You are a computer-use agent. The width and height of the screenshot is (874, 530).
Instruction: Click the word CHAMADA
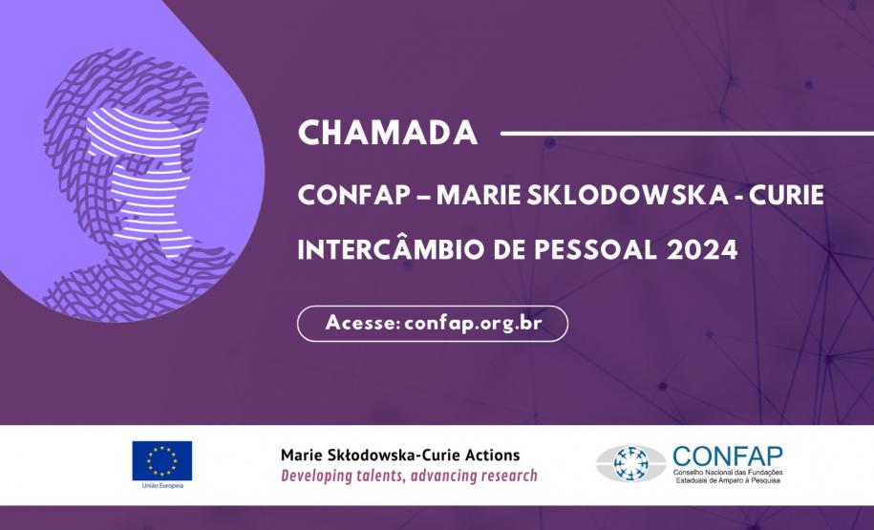(x=388, y=133)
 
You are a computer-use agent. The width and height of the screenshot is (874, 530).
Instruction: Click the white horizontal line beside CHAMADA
(x=688, y=133)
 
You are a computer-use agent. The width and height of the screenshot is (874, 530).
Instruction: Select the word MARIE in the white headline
(x=479, y=195)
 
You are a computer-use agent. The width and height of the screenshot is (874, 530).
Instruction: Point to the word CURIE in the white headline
(x=786, y=195)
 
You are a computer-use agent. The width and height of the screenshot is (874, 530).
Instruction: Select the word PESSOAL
(x=595, y=249)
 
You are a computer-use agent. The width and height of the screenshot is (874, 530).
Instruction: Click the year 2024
(x=702, y=249)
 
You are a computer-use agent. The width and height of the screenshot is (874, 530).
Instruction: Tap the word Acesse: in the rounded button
(x=363, y=323)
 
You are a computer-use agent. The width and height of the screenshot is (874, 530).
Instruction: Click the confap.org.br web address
(x=473, y=324)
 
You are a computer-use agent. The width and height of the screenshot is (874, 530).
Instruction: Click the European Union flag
(x=162, y=461)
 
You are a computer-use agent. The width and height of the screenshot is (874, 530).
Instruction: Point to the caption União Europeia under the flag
(x=162, y=486)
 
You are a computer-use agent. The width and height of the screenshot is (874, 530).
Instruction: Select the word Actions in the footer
(x=495, y=456)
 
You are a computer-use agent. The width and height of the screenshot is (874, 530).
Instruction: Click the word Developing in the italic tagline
(x=309, y=476)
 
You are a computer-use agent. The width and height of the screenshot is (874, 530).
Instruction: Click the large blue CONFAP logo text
(x=728, y=456)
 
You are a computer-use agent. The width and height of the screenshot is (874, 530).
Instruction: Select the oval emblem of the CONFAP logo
(x=631, y=464)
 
